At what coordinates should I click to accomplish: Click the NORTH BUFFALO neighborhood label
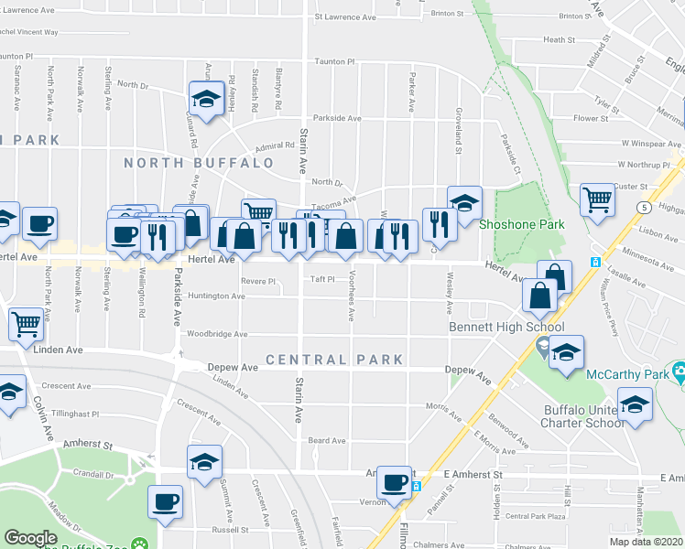(x=199, y=163)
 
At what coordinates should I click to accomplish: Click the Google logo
(x=31, y=538)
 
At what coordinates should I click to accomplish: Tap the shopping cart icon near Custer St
(x=597, y=199)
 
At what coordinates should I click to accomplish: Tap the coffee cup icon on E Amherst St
(x=395, y=482)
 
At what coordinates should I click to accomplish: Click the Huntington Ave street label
(x=216, y=296)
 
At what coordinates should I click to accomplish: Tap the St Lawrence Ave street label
(x=344, y=16)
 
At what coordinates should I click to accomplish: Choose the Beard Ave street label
(x=326, y=440)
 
